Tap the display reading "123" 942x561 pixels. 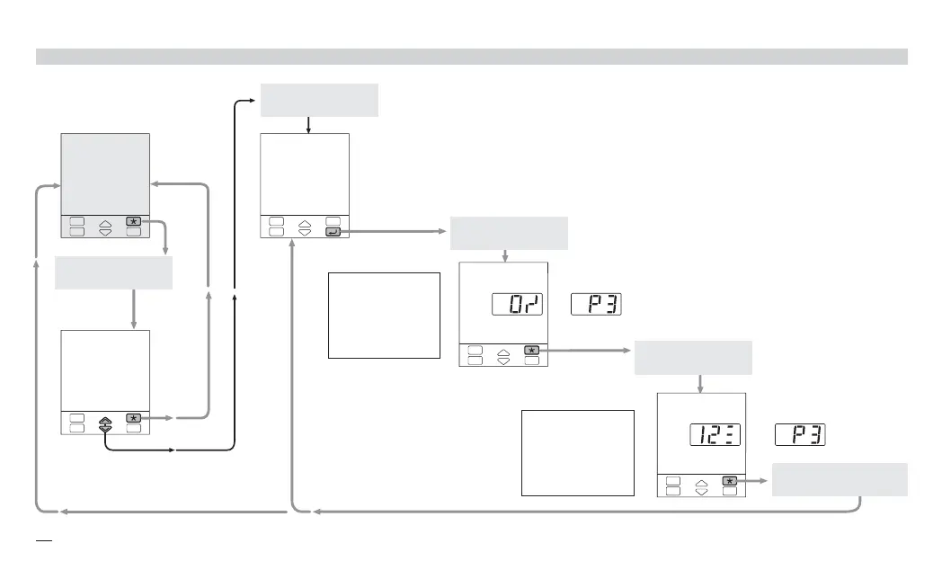tap(715, 435)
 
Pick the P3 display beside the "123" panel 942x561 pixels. tap(800, 435)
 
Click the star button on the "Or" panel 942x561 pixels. tap(532, 349)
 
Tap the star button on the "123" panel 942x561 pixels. tap(730, 481)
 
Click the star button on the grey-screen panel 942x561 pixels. tap(134, 220)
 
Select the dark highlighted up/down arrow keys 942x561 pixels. tap(105, 423)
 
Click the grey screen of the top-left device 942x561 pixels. tap(104, 174)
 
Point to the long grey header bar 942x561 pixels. tap(471, 57)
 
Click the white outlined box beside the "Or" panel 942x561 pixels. tap(384, 316)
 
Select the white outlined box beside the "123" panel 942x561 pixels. tap(577, 453)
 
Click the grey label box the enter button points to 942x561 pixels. tap(509, 233)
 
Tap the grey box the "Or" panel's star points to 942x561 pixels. tap(693, 358)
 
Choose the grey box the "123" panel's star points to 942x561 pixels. tap(840, 479)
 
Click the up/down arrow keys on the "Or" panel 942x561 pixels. tap(502, 354)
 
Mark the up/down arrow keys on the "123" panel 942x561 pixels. tap(701, 486)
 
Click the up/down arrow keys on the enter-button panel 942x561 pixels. tap(304, 226)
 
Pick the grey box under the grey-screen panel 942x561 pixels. tap(113, 272)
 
